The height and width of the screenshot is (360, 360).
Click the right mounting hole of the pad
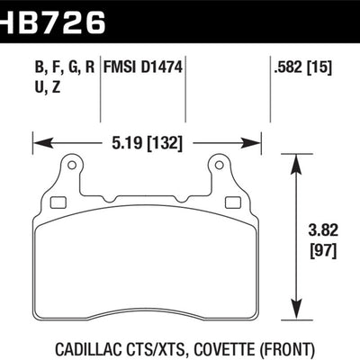point(219,166)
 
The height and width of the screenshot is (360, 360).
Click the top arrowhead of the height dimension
point(298,158)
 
